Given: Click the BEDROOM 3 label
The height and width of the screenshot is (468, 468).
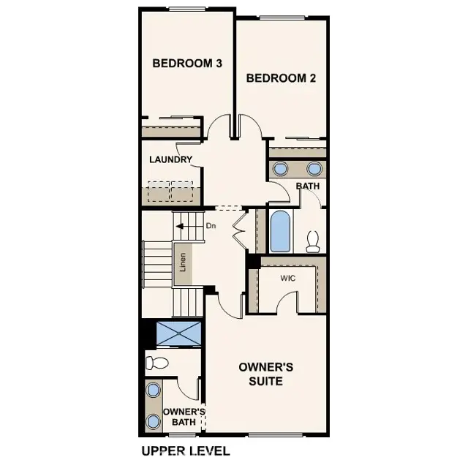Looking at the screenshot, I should pos(187,64).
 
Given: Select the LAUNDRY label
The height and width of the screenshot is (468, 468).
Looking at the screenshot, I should pos(170,159).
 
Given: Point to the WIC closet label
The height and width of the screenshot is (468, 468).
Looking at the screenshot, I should pos(287,278).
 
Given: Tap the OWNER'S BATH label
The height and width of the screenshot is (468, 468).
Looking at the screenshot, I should pos(184,416).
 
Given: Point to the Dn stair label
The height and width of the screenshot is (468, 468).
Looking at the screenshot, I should pos(211,226).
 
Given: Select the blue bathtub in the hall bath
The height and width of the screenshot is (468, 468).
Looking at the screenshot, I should pos(281,231).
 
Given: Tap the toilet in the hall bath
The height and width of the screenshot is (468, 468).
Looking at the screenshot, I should pos(314,241).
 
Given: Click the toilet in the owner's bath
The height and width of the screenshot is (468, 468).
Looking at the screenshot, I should pos(156,362).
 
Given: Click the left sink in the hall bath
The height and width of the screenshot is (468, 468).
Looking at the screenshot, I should pos(281,169).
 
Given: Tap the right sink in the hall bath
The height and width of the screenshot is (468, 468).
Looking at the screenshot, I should pos(314,169).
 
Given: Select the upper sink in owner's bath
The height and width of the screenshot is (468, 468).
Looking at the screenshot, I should pos(153,390).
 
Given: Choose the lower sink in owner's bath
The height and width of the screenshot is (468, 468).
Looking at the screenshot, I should pos(153,422).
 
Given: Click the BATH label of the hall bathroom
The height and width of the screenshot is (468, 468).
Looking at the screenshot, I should pos(308,186).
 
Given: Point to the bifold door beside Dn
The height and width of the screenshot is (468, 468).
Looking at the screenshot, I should pos(239,227).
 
